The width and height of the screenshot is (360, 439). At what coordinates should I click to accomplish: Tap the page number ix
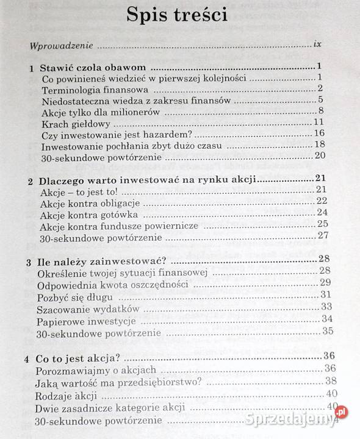point(316,45)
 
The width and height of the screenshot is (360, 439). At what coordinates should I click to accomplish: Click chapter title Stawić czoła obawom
point(95,68)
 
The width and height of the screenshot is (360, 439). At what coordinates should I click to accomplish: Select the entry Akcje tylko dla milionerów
point(101,112)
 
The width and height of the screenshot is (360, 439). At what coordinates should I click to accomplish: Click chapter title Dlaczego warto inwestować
point(145,180)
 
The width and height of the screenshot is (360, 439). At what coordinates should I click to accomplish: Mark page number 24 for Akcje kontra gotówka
point(322,213)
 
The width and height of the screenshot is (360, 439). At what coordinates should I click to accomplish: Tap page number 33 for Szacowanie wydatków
point(326,306)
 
